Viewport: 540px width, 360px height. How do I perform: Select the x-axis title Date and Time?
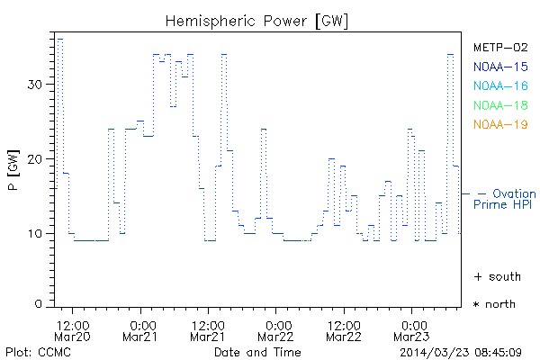pos(257,351)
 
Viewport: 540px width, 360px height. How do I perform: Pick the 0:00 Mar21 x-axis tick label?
pos(141,330)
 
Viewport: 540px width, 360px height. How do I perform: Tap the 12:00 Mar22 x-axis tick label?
pos(344,330)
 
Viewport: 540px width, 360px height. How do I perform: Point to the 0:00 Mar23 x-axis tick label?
pos(412,330)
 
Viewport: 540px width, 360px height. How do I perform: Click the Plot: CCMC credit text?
pos(34,351)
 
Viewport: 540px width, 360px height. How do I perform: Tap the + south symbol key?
pos(494,276)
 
